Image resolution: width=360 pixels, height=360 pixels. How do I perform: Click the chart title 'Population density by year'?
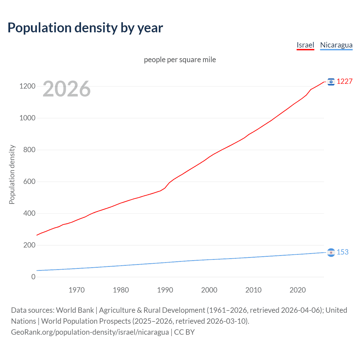click(x=85, y=28)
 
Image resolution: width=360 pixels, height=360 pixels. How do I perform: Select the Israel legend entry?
click(x=305, y=45)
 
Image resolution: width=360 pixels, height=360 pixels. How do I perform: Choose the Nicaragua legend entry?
click(x=336, y=45)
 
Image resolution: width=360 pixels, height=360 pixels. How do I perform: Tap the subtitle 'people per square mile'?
click(x=180, y=60)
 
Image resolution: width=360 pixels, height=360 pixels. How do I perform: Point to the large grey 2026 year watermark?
click(x=67, y=89)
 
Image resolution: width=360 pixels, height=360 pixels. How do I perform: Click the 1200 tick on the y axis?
click(x=27, y=86)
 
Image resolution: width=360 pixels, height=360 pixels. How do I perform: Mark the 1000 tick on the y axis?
click(x=27, y=118)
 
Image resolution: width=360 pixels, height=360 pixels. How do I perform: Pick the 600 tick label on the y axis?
click(x=29, y=181)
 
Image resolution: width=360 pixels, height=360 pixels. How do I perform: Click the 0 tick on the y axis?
click(x=33, y=277)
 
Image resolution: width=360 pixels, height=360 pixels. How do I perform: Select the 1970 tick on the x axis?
click(x=76, y=290)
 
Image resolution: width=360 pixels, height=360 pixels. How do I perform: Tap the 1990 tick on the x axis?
click(x=165, y=290)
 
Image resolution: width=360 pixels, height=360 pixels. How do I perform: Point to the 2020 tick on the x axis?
click(x=298, y=290)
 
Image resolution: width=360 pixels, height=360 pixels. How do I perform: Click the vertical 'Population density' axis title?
click(x=12, y=174)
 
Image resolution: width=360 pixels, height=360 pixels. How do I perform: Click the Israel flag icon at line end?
click(x=331, y=82)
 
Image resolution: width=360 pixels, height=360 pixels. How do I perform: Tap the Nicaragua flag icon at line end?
click(x=331, y=253)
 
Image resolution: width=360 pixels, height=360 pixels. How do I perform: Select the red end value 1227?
click(x=345, y=82)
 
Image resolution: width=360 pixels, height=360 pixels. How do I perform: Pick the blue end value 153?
click(x=343, y=252)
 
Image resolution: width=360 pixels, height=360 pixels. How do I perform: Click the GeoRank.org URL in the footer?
click(x=90, y=332)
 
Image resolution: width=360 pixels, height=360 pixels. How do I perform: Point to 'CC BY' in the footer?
click(x=184, y=332)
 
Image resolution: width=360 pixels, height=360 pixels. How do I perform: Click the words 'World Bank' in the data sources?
click(x=75, y=310)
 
